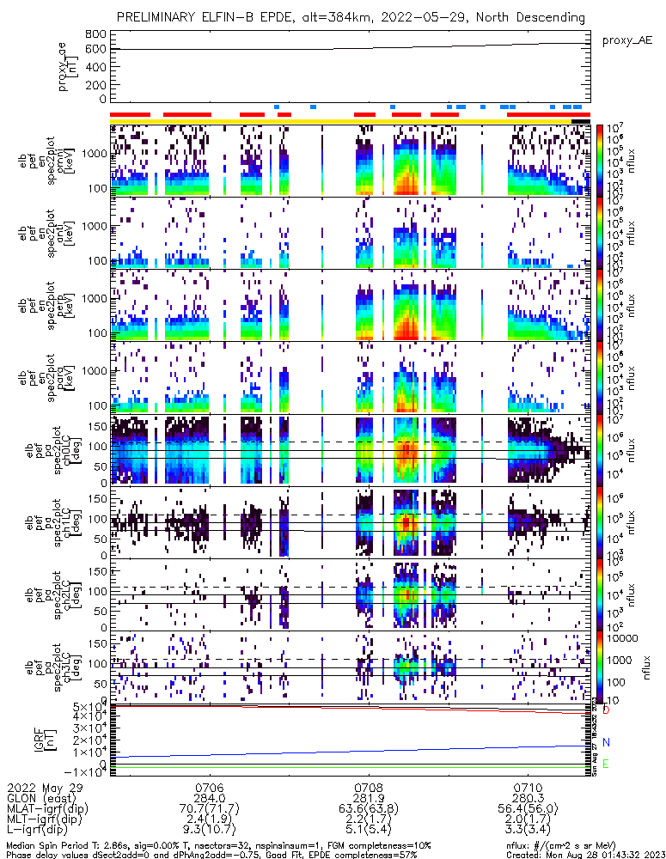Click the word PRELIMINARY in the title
160,17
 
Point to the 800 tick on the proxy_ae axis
95,34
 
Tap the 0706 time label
210,787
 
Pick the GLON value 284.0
210,798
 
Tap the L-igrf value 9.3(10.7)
210,830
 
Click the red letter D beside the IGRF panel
606,710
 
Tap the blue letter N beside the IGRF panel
606,742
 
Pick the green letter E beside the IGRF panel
606,764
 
